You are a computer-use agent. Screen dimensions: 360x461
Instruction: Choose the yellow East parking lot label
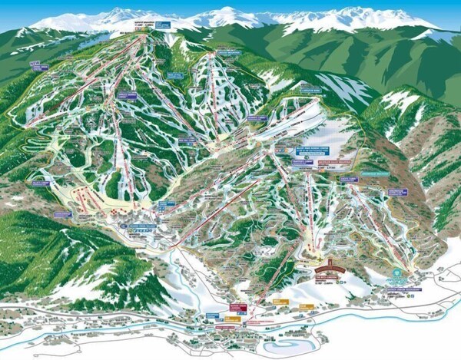pyautogui.click(x=307, y=306)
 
